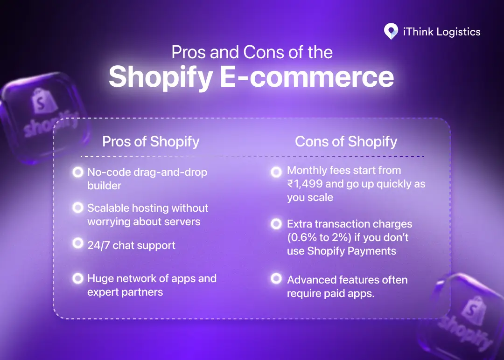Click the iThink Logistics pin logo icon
tap(391, 32)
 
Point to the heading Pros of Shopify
tap(151, 141)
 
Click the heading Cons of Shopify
tap(346, 141)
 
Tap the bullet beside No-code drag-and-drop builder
tap(77, 172)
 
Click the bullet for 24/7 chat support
tap(77, 243)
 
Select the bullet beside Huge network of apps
tap(77, 278)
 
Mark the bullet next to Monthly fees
tap(276, 172)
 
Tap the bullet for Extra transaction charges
tap(276, 224)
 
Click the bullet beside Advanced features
tap(276, 279)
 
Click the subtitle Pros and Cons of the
tap(252, 52)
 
